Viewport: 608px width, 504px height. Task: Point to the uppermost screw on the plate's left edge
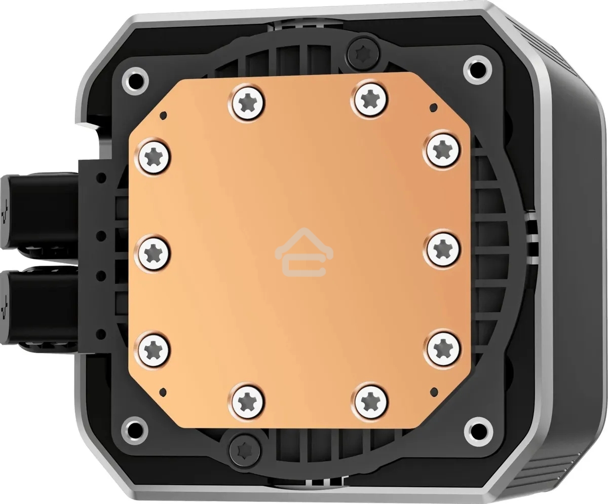(152, 154)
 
